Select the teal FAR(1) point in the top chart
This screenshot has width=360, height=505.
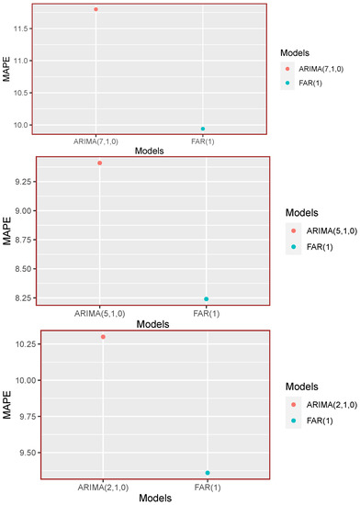pos(203,129)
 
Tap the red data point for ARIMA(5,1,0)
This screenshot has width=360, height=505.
pos(99,163)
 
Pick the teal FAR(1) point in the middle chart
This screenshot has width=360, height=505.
pos(207,299)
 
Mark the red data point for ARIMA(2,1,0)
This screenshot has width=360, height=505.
pos(103,337)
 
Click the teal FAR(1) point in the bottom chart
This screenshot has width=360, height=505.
pos(208,473)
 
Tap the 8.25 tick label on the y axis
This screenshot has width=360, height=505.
pos(24,299)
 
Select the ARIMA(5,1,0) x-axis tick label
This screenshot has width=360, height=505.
pos(99,314)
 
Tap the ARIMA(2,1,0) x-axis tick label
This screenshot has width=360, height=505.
pos(103,488)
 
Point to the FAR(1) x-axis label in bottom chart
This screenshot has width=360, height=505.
pos(208,488)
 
